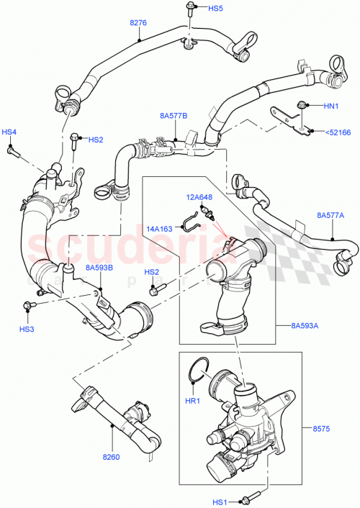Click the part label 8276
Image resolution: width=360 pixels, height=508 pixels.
point(138,23)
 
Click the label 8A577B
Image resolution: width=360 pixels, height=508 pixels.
point(174,114)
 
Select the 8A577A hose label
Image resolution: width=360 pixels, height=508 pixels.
point(330,214)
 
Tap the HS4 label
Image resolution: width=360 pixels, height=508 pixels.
point(9,132)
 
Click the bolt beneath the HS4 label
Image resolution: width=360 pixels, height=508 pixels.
point(12,151)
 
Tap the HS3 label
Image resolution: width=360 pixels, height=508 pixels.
point(27,329)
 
